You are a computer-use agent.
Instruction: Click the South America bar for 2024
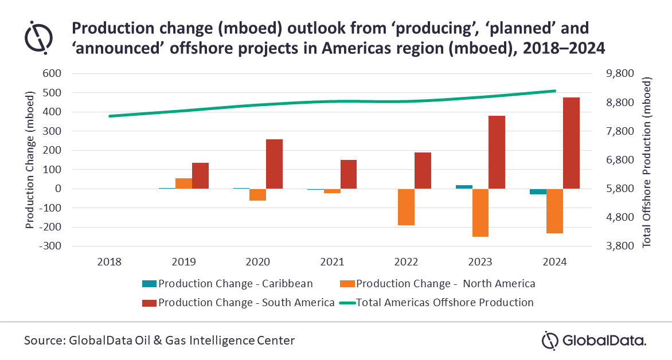[571, 143]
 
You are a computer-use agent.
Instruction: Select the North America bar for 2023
[480, 213]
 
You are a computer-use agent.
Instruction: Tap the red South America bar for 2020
[275, 164]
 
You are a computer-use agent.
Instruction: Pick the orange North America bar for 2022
[406, 207]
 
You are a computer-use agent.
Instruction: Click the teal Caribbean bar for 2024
[538, 191]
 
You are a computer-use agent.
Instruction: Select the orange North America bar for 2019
[183, 183]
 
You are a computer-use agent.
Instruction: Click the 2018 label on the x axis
[110, 262]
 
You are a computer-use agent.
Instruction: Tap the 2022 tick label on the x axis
[406, 262]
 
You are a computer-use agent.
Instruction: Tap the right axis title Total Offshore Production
[648, 161]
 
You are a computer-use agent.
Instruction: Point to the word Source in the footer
[43, 341]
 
